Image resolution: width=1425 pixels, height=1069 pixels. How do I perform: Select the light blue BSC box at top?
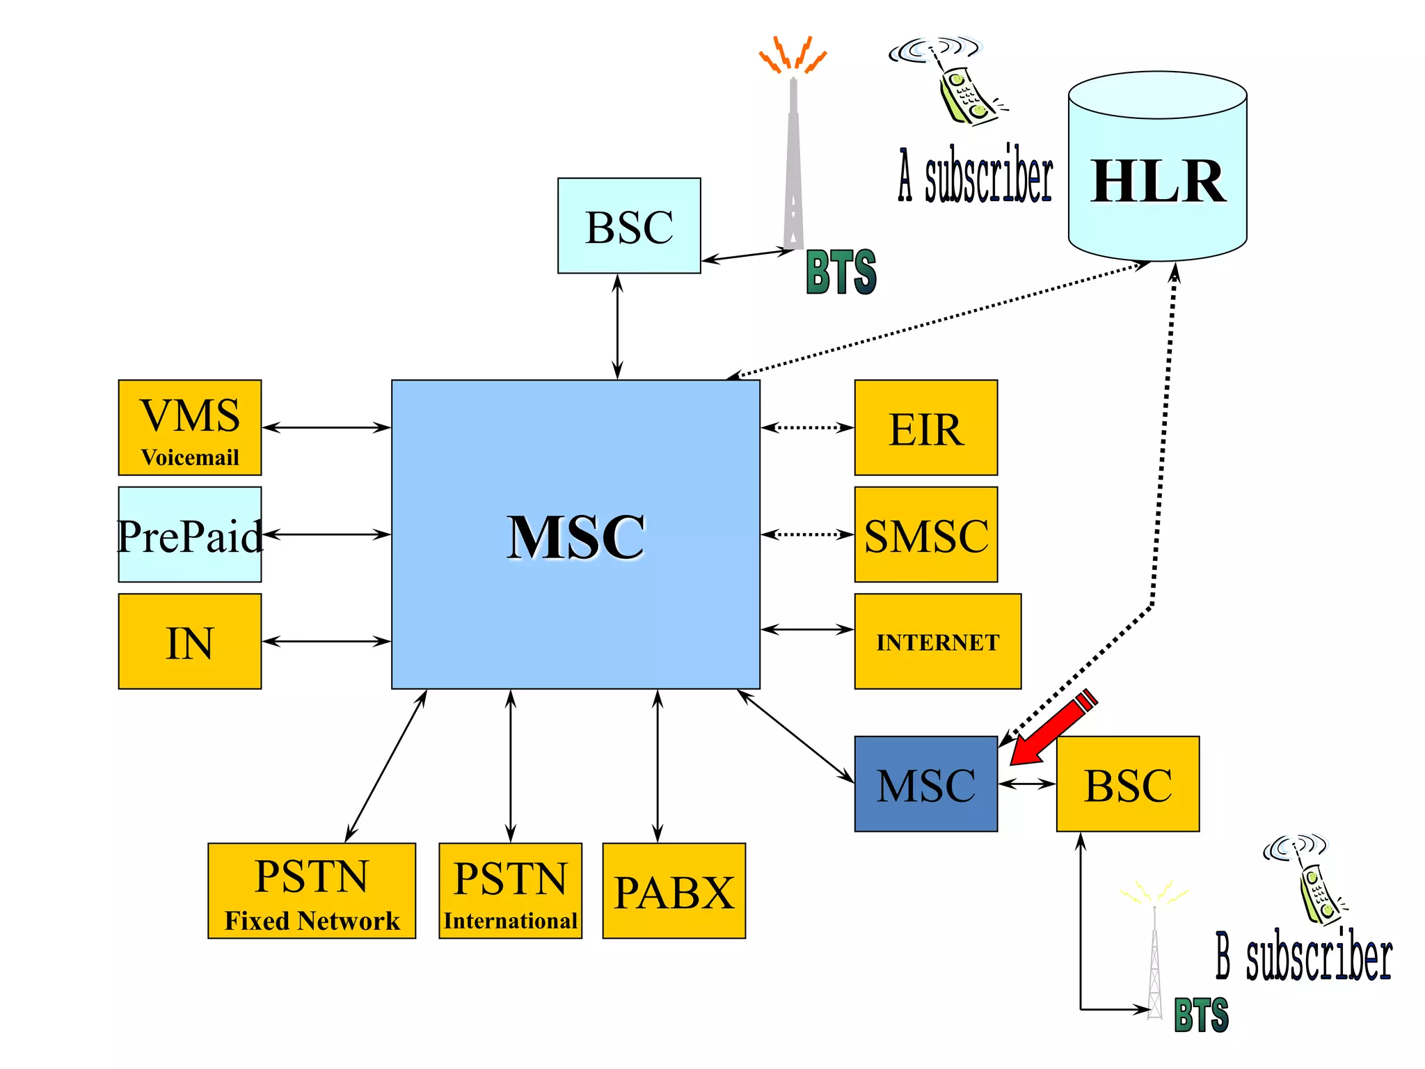coord(629,225)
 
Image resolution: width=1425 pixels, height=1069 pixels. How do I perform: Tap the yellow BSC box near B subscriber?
coord(1127,784)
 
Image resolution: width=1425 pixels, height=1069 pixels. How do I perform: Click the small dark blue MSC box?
coord(925,784)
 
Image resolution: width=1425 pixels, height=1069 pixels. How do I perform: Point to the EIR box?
coord(925,427)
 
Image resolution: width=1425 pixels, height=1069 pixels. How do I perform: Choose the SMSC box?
coord(925,534)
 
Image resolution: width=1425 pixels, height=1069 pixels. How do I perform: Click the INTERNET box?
coord(937,641)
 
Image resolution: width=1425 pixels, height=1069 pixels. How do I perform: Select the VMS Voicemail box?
coord(189,427)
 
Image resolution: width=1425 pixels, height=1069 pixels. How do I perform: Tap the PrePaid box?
coord(189,534)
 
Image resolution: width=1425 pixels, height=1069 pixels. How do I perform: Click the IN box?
coord(189,641)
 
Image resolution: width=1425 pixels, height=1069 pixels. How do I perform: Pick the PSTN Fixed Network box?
coord(311,891)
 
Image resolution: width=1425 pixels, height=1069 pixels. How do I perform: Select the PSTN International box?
coord(510,891)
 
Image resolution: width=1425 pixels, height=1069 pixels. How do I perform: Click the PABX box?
coord(674,891)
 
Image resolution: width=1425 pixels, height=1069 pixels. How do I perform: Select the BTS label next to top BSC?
coord(841,272)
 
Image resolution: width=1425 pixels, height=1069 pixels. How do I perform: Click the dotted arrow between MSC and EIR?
coord(807,427)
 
